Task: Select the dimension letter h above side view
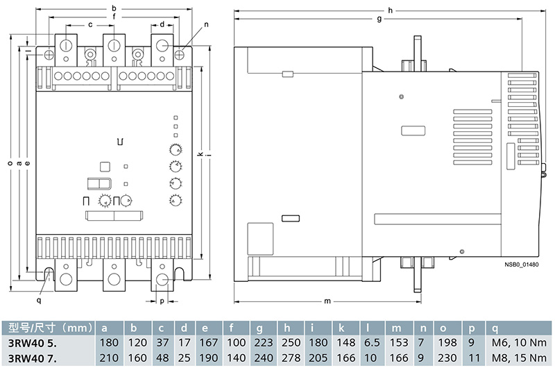click(x=391, y=10)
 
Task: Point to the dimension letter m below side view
click(x=326, y=301)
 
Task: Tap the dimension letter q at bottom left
click(x=39, y=301)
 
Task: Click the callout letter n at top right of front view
click(x=206, y=24)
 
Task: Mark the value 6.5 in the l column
click(x=372, y=342)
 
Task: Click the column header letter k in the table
click(x=343, y=327)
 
